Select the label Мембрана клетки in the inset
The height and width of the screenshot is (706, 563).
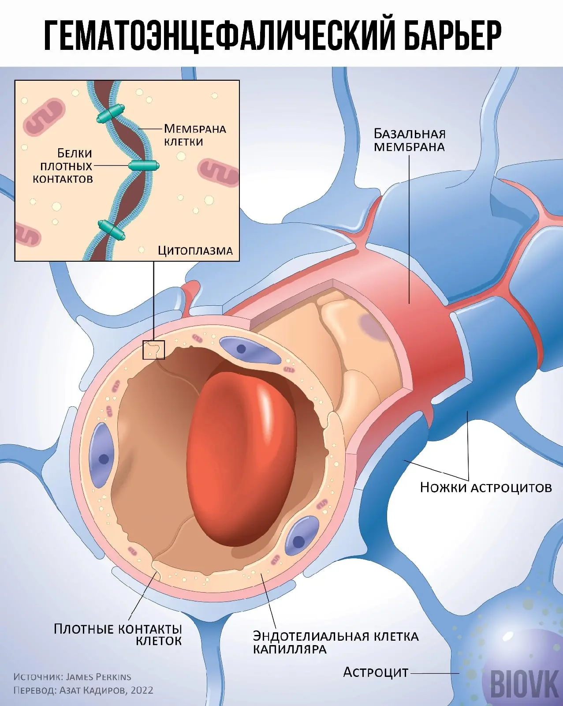click(x=195, y=135)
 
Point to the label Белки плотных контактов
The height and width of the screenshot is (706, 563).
click(x=63, y=166)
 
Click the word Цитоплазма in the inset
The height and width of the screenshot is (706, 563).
click(x=195, y=251)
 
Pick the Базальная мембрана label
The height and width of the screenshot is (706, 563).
click(x=409, y=140)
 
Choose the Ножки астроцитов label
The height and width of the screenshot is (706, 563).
click(x=485, y=487)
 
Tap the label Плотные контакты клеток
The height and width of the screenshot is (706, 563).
click(x=118, y=635)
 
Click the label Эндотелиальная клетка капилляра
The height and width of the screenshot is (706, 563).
click(x=336, y=642)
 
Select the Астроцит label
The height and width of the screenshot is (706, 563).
click(x=376, y=672)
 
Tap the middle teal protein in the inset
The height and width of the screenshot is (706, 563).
click(x=144, y=166)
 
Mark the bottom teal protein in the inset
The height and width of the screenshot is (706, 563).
click(x=112, y=230)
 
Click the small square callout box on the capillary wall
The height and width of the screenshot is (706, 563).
click(x=153, y=350)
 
